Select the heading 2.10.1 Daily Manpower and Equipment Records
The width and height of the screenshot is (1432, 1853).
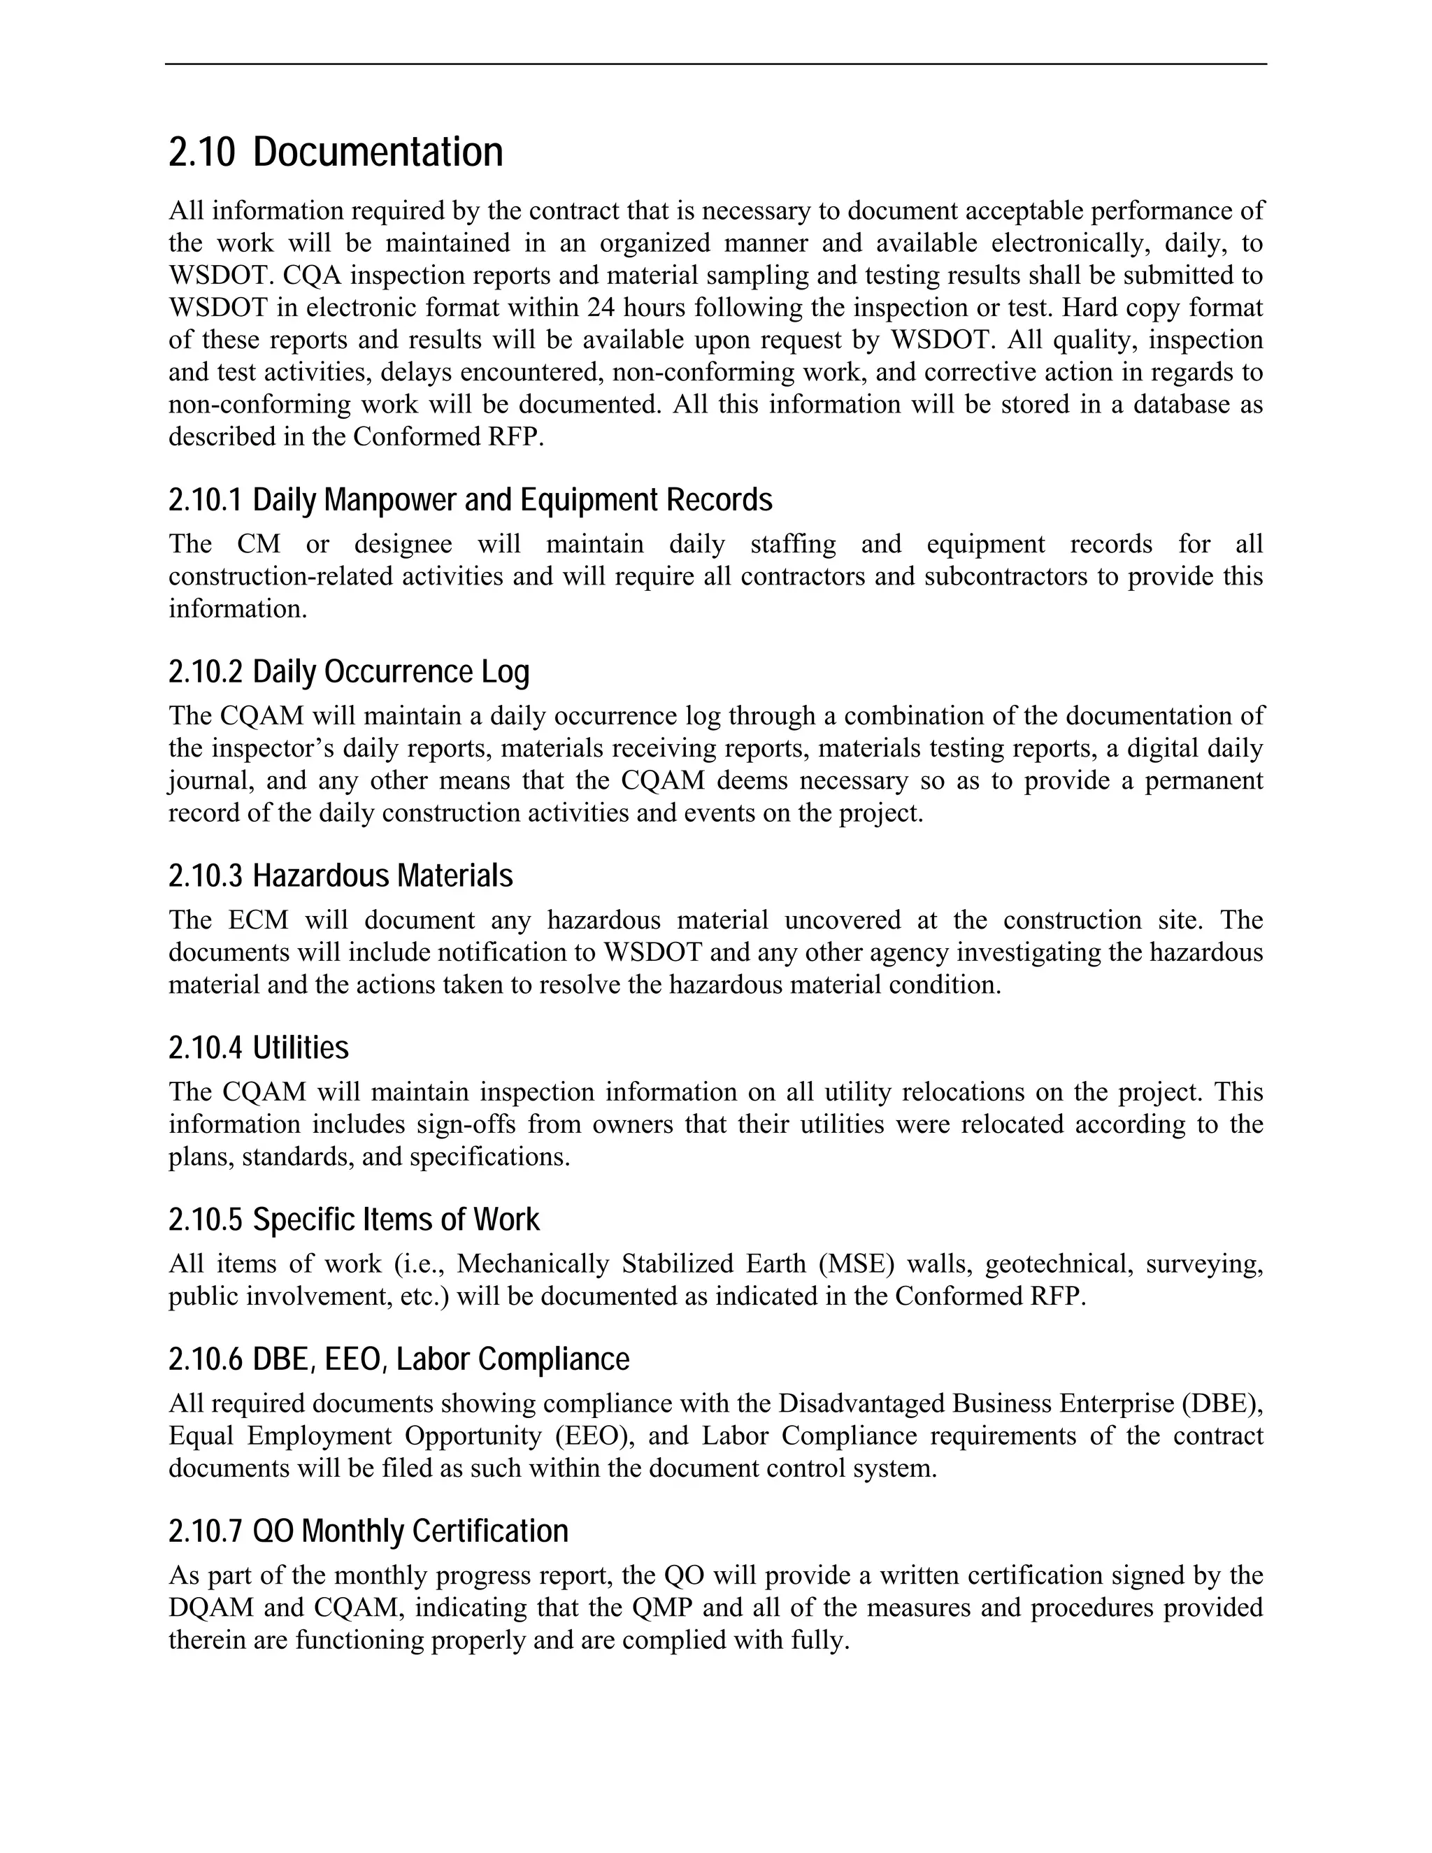(470, 501)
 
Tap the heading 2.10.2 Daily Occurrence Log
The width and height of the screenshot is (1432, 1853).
(349, 672)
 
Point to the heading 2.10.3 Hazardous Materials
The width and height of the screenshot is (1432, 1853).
(341, 876)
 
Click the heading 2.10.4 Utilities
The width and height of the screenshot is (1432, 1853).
(258, 1049)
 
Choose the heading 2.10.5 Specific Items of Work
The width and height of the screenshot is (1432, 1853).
(354, 1220)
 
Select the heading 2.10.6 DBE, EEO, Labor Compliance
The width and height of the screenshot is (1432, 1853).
(399, 1359)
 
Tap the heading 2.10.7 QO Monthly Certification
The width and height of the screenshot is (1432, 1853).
(368, 1531)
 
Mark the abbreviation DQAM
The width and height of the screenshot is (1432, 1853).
(210, 1608)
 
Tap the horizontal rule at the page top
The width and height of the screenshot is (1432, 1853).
(715, 64)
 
